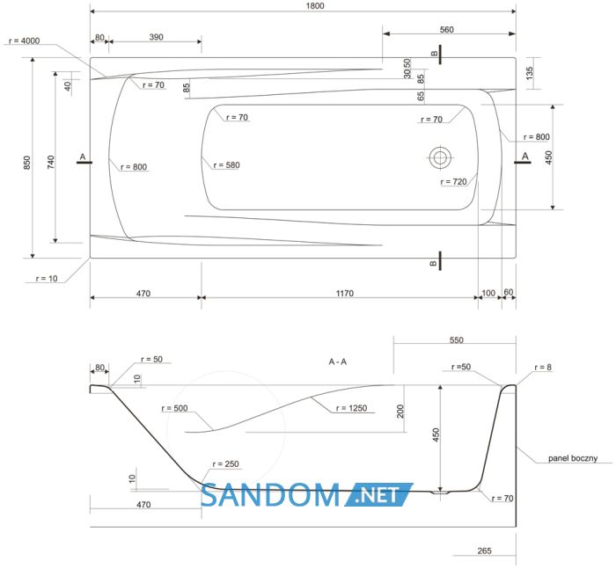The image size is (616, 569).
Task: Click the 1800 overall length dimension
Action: pos(315,6)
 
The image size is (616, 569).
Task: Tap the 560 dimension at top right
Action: pos(447,30)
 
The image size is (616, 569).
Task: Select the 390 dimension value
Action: pos(156,37)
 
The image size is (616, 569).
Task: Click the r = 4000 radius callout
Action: pos(25,40)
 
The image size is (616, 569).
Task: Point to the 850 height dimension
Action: pos(26,163)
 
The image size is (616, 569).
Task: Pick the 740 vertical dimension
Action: pos(51,162)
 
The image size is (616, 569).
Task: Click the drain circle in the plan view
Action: pos(440,157)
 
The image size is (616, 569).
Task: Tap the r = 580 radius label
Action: pos(226,165)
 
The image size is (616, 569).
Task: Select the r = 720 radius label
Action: pos(453,182)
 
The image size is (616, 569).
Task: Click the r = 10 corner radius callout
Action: pos(47,279)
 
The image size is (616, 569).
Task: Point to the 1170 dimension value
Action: pos(345,294)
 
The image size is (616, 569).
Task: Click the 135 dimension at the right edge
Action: pos(529,73)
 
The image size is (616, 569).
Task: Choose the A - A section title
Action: pos(337,361)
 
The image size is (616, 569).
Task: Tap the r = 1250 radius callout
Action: pos(351,408)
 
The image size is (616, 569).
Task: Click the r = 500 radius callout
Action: pos(174,408)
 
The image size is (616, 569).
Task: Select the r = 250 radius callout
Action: pos(225,464)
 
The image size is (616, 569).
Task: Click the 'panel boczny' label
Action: pos(573,458)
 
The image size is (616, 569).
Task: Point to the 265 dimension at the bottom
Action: pos(484,551)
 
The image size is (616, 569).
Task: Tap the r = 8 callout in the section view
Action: pos(543,367)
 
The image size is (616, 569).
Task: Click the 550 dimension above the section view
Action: pos(457,340)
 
